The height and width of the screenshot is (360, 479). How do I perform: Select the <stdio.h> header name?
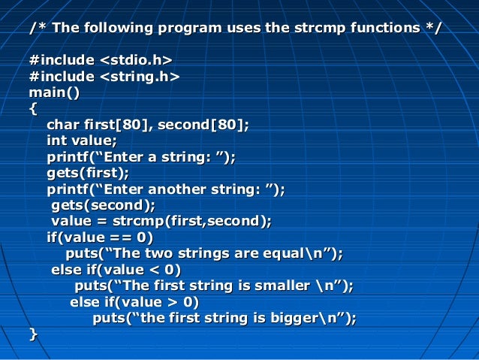click(137, 59)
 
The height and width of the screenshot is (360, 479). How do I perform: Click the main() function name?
click(54, 92)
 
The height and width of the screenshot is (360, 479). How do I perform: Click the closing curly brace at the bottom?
click(32, 334)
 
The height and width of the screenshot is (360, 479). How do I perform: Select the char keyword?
click(63, 124)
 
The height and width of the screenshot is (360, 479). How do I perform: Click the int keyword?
click(56, 140)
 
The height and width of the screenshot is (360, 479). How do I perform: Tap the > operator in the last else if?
click(174, 302)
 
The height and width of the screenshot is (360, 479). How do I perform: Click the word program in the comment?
click(187, 29)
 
